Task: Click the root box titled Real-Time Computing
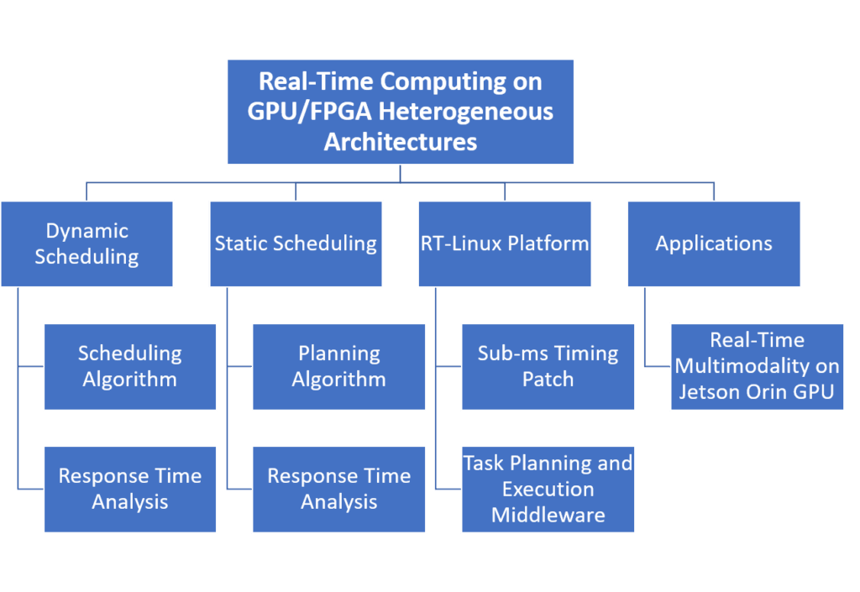[401, 112]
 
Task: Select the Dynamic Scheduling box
[87, 244]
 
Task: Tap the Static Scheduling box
[296, 244]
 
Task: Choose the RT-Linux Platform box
[505, 244]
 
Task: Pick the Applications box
[714, 244]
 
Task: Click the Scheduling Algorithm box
[129, 366]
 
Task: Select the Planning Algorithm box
[338, 366]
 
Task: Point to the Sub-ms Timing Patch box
[548, 366]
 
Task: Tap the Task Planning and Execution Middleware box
[548, 489]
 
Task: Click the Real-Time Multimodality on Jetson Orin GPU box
[757, 366]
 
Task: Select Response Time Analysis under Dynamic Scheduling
[129, 489]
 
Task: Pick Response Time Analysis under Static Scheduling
[338, 489]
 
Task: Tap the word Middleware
[548, 515]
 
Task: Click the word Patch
[548, 380]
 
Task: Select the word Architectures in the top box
[401, 141]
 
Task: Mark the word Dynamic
[87, 231]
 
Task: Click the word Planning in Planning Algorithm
[338, 354]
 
